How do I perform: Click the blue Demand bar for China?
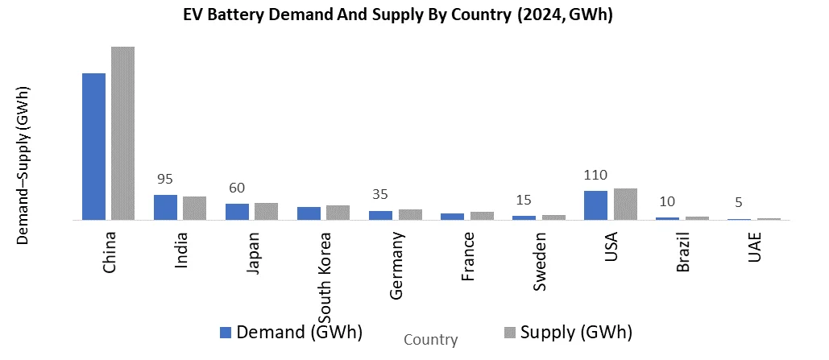click(94, 147)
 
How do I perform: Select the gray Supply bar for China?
click(122, 133)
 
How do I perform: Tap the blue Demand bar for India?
click(165, 207)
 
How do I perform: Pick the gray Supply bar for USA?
click(625, 204)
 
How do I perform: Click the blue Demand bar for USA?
click(596, 205)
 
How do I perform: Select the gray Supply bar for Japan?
click(266, 211)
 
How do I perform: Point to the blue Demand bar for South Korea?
click(309, 213)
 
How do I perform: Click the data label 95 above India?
click(165, 179)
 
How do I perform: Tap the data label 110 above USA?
click(596, 175)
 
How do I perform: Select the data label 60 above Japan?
click(237, 188)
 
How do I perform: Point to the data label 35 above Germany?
click(381, 195)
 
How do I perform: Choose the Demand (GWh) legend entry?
click(291, 332)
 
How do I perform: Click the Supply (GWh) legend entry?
click(567, 332)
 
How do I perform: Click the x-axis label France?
click(467, 256)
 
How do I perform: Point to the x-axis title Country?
click(430, 340)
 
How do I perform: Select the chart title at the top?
click(399, 15)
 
